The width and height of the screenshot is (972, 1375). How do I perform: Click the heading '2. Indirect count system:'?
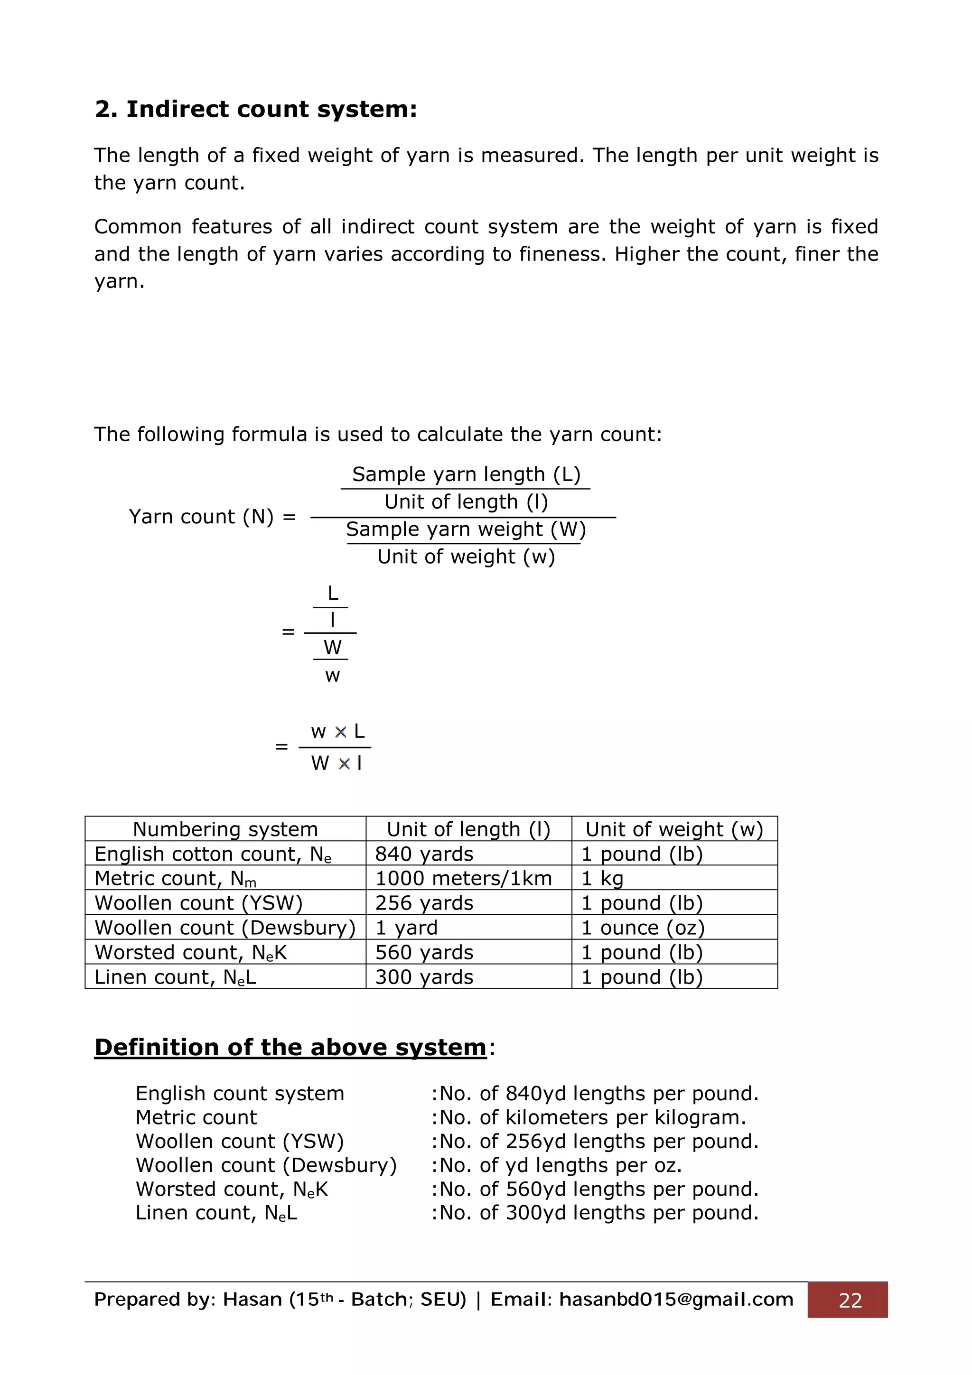click(256, 110)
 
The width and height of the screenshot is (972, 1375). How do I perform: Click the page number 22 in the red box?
click(850, 1300)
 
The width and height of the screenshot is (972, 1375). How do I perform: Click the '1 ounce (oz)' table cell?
click(643, 928)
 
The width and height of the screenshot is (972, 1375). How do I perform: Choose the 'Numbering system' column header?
click(225, 829)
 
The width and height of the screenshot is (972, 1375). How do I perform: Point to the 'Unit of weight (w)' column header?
click(674, 829)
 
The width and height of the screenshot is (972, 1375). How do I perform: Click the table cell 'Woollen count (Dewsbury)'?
click(225, 928)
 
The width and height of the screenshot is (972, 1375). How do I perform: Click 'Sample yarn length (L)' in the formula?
click(466, 474)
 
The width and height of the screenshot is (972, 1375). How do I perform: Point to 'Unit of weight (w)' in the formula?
click(466, 557)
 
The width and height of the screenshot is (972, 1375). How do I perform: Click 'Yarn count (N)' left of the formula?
click(201, 517)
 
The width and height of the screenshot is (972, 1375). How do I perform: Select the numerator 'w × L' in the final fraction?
click(337, 732)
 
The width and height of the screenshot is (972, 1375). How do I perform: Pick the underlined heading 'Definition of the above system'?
click(290, 1048)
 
